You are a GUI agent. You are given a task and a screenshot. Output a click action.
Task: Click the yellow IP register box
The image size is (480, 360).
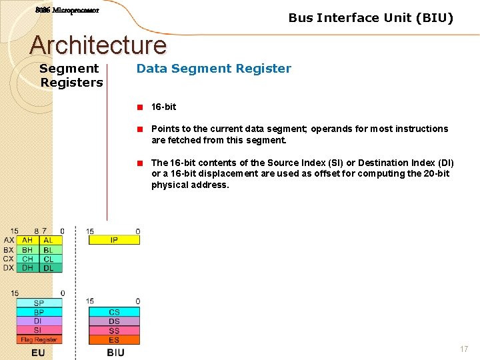(114, 240)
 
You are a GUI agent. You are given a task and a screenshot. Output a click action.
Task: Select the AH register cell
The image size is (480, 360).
(27, 240)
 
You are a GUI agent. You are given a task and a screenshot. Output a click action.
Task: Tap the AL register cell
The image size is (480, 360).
(49, 240)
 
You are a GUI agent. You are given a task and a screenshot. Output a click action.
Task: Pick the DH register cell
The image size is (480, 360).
(27, 268)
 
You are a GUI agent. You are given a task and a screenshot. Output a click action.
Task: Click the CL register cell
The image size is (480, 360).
(49, 259)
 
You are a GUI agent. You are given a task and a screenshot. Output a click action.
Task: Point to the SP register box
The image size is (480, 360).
(39, 303)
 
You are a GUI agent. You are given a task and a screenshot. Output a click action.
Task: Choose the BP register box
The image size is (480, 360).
(39, 312)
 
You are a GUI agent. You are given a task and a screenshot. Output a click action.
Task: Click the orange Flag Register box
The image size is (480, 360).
(39, 339)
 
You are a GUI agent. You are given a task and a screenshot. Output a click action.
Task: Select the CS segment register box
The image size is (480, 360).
(114, 312)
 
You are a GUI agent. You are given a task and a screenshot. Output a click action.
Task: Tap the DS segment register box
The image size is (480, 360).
(114, 321)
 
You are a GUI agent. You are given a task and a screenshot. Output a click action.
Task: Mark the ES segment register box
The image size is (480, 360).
(114, 340)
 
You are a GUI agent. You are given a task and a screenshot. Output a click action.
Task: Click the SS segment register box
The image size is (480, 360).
(114, 331)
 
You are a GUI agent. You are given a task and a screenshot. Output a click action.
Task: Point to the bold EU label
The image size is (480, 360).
(38, 352)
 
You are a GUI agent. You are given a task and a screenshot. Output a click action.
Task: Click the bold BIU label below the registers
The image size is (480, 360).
(115, 352)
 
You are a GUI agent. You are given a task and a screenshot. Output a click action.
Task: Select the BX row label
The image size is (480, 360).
(8, 249)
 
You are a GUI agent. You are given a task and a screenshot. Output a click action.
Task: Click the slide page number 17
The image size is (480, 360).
(464, 349)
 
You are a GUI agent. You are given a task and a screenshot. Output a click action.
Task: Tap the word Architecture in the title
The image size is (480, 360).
(98, 45)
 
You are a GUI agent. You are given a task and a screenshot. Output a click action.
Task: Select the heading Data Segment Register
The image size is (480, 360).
(213, 68)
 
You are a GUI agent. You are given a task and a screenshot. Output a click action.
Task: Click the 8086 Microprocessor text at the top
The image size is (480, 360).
(67, 10)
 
